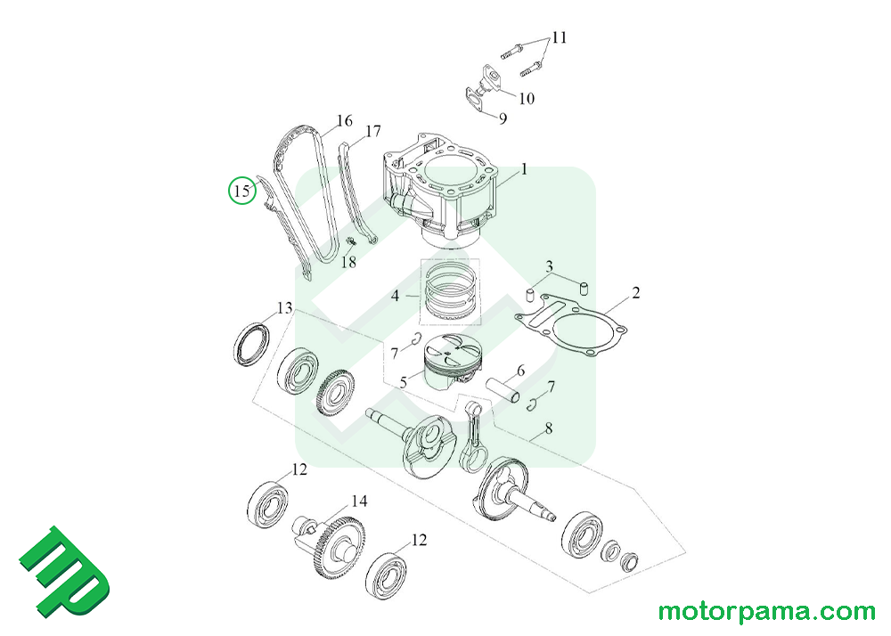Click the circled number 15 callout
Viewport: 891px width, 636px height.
point(240,190)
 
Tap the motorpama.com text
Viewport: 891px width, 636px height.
point(767,613)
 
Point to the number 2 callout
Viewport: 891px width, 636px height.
point(635,292)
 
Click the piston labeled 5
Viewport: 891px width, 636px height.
point(451,364)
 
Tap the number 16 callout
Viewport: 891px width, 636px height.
point(344,121)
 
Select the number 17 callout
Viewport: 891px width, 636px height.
point(372,131)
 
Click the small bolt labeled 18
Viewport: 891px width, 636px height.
point(349,241)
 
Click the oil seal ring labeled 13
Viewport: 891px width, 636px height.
point(250,343)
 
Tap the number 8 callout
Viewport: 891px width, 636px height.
point(548,428)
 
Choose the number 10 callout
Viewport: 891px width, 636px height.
point(526,98)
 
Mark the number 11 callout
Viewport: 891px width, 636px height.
point(559,38)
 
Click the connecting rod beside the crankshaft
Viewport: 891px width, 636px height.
point(474,434)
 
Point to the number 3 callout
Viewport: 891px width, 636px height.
point(550,266)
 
